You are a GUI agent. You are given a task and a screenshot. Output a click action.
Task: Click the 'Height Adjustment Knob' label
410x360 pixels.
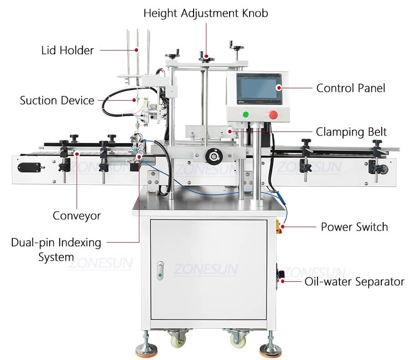[x=206, y=13]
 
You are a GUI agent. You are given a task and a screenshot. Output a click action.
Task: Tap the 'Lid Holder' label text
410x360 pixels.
[x=67, y=50]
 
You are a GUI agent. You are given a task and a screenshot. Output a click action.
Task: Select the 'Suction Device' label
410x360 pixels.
[x=57, y=100]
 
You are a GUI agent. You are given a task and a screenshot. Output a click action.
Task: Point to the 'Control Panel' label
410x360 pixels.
[x=351, y=88]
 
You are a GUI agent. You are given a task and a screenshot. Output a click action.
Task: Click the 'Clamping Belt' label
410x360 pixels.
[x=351, y=132]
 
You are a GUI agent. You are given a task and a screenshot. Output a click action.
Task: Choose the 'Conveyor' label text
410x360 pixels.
[x=77, y=215]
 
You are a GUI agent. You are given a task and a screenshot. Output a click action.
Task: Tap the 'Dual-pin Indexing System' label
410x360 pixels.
[x=56, y=249]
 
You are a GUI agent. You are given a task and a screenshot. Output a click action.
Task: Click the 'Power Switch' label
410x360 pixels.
[x=354, y=227]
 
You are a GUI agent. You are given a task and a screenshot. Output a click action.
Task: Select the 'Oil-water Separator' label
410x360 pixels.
[x=354, y=282]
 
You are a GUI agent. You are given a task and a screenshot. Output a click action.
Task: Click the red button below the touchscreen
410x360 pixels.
[x=273, y=115]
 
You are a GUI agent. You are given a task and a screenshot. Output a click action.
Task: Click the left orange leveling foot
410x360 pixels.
[x=146, y=351]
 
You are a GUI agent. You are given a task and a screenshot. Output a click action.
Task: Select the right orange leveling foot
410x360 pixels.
[x=270, y=351]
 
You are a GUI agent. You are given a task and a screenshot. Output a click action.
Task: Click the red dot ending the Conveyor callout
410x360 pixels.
[x=77, y=154]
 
